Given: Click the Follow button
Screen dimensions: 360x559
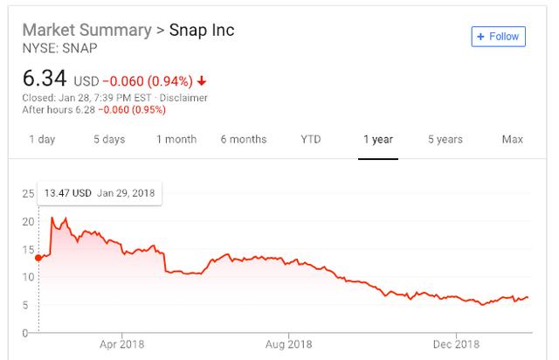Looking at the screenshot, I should coord(498,37).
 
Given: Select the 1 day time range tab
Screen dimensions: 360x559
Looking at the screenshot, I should coord(42,140).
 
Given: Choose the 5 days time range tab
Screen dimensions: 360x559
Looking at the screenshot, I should coord(109,140).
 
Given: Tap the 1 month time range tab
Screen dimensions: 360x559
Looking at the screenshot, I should coord(176,140).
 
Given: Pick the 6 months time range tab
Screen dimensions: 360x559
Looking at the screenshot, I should coord(244,140).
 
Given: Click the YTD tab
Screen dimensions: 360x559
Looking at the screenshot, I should coord(310,140).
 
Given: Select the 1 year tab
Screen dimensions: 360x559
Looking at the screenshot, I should coord(378,140).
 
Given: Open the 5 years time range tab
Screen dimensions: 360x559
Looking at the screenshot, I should coord(445,140).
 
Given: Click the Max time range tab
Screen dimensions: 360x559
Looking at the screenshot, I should coord(513,140).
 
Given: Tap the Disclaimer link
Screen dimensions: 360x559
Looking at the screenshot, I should coord(184,97).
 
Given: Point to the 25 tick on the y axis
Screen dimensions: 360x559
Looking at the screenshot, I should coord(28,193).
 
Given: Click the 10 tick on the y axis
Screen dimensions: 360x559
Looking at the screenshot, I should coord(28,277).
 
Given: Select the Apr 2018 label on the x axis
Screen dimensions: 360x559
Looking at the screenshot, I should coord(121,345).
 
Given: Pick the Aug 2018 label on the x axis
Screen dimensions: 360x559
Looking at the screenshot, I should coord(288,345).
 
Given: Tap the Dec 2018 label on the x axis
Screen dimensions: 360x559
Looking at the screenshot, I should coord(458,345).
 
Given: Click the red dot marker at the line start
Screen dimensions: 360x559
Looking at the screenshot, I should coord(38,258).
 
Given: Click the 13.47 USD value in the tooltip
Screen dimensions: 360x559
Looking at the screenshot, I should coord(69,193).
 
